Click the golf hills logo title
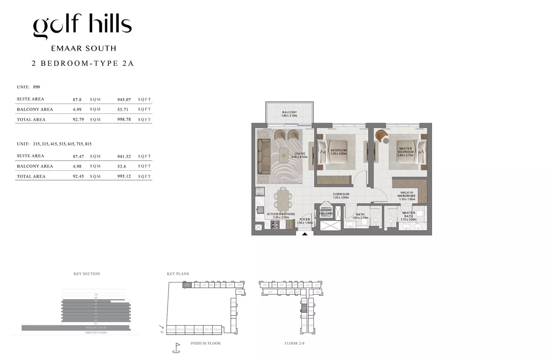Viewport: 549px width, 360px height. pos(82,25)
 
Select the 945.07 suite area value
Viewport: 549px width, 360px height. pos(124,99)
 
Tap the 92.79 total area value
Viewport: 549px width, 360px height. pos(78,119)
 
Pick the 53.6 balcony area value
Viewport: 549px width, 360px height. pos(121,166)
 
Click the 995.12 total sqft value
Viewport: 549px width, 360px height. pos(124,176)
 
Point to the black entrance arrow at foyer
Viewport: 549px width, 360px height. pos(305,234)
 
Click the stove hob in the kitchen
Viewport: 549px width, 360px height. pos(275,225)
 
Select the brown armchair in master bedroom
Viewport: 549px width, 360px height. pos(381,136)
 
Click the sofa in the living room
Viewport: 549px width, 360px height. pos(264,157)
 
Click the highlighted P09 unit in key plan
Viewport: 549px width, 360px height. pos(187,285)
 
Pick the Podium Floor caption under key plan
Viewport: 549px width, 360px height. pos(205,343)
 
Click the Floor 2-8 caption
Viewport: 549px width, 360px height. pos(294,343)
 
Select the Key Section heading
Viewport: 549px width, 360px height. pos(87,274)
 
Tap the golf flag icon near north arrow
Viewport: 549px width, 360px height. pos(177,348)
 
